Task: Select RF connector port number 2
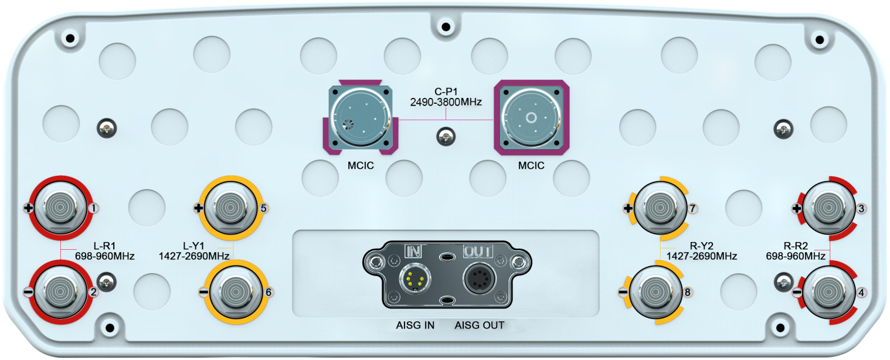(x=60, y=290)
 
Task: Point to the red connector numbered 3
(x=828, y=207)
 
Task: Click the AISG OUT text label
(x=479, y=325)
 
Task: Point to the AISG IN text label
(x=415, y=325)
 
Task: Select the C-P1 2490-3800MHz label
(x=446, y=97)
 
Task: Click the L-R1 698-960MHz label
(x=105, y=251)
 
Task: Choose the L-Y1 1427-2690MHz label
(x=193, y=251)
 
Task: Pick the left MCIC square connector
(x=359, y=117)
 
